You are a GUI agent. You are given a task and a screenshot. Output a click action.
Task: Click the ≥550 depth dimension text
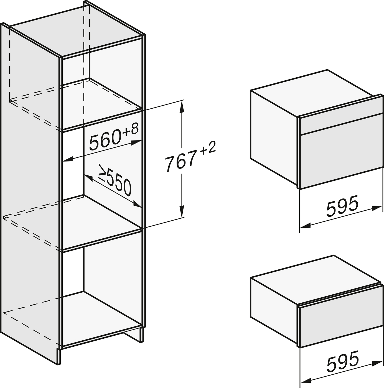[115, 180]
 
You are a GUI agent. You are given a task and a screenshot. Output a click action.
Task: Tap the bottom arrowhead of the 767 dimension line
[182, 211]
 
